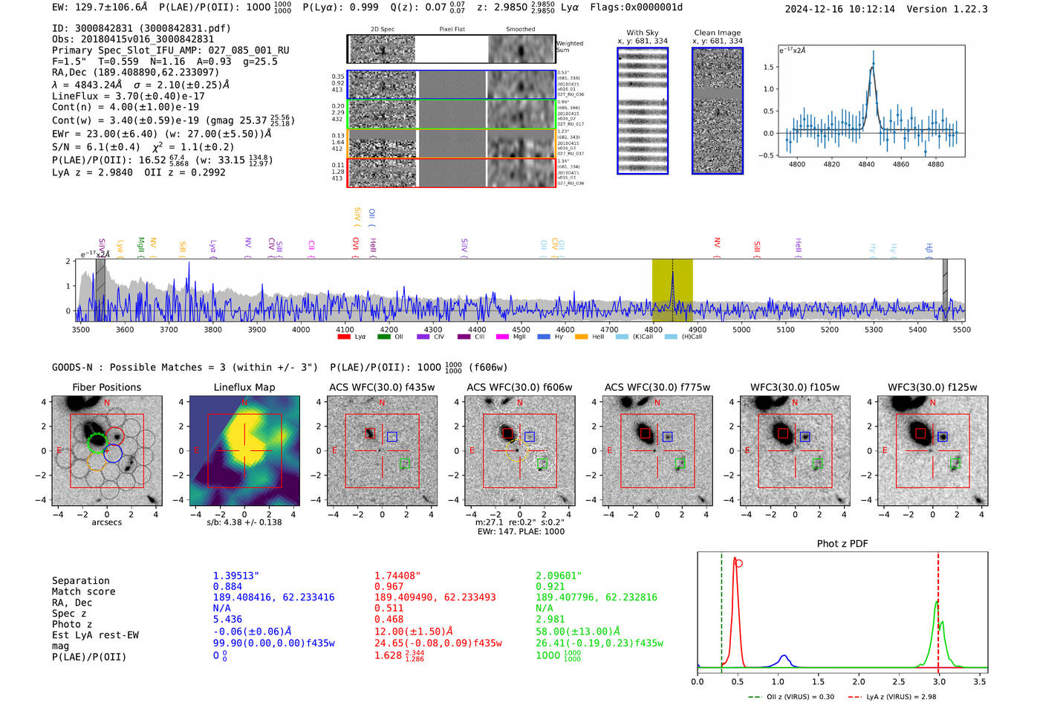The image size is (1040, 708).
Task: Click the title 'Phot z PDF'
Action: [x=842, y=543]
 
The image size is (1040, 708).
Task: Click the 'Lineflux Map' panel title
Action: [x=244, y=387]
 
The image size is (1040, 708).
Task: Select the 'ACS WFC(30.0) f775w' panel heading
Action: [x=657, y=387]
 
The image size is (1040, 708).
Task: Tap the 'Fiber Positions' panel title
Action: [x=106, y=387]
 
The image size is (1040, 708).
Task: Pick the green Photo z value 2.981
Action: [x=550, y=619]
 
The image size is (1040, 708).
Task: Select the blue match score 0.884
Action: [x=227, y=586]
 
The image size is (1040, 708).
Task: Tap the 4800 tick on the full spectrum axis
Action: [x=653, y=330]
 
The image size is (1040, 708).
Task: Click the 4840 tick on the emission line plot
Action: [x=866, y=164]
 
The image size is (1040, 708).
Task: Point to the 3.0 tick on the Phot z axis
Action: [x=939, y=681]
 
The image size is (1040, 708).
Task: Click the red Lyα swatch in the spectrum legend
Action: [x=344, y=337]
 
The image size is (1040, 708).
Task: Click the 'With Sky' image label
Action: [x=643, y=33]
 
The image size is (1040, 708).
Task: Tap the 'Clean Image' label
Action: [x=717, y=33]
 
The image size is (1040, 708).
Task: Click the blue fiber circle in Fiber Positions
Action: [x=113, y=452]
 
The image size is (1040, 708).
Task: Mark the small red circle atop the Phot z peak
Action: [x=738, y=563]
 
